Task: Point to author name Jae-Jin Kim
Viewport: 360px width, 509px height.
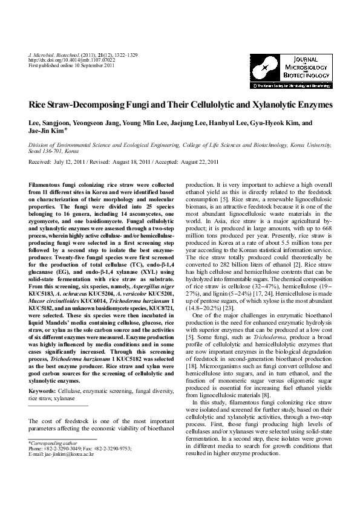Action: point(46,129)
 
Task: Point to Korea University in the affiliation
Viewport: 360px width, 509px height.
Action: point(311,146)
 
